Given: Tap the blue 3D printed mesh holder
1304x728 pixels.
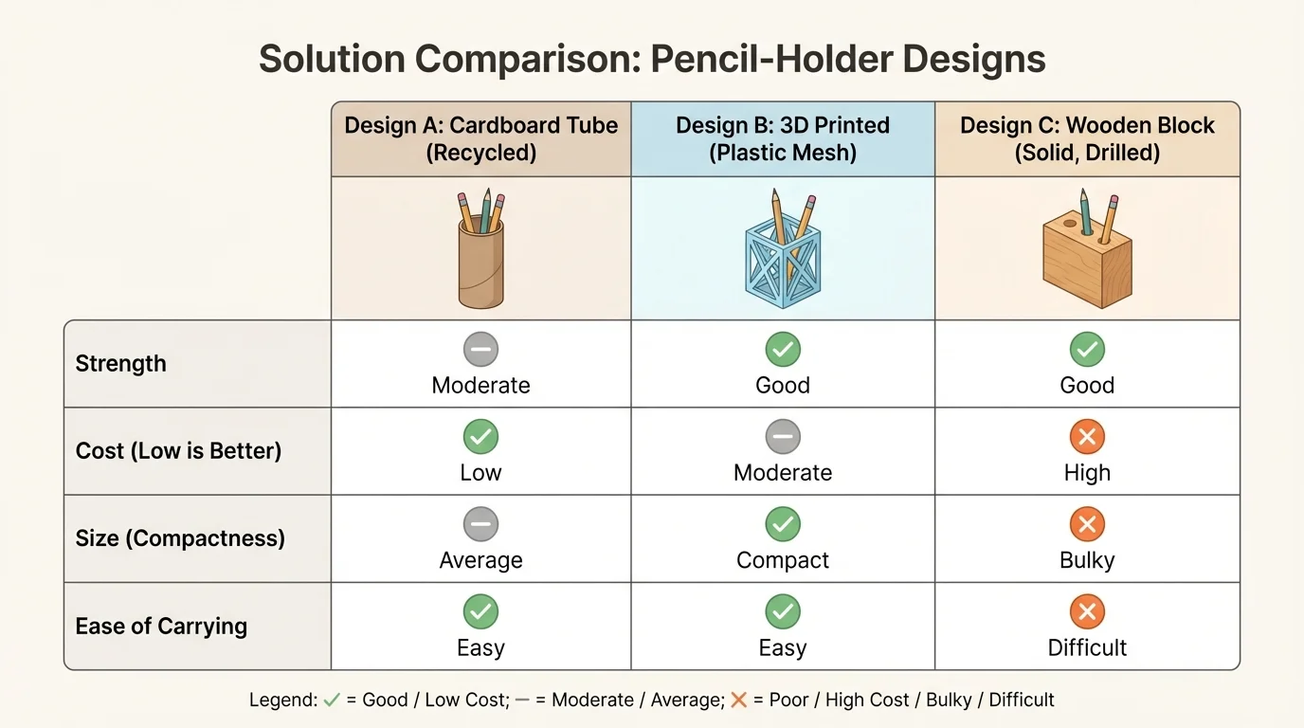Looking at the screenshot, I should [x=783, y=251].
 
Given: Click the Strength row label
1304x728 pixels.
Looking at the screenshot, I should [x=120, y=364].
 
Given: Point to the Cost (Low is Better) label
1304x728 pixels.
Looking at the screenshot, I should [x=178, y=451].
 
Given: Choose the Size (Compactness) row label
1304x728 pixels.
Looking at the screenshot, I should [x=180, y=538].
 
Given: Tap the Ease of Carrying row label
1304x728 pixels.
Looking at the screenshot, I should [x=161, y=627].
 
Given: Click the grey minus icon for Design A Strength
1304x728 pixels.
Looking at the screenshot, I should [x=480, y=350].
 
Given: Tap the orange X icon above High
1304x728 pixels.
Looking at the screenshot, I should [x=1087, y=437].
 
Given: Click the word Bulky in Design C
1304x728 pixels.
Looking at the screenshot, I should [x=1087, y=560].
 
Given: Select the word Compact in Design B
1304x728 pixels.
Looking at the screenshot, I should [x=783, y=560].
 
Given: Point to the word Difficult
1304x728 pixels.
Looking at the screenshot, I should [x=1087, y=648].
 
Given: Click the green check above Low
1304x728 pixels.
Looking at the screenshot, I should [x=480, y=437].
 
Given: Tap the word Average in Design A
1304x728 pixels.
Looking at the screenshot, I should [x=480, y=560].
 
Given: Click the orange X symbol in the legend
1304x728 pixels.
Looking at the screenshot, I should [x=739, y=701].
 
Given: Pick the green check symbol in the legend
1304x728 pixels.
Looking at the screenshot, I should [x=331, y=701].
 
